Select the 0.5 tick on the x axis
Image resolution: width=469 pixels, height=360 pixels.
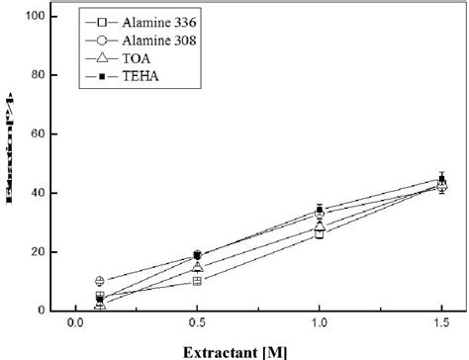[198, 323]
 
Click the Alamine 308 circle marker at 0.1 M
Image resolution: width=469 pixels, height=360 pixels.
[100, 281]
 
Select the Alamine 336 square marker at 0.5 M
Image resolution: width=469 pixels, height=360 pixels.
[198, 281]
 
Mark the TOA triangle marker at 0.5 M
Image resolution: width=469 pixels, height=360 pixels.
[198, 267]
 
